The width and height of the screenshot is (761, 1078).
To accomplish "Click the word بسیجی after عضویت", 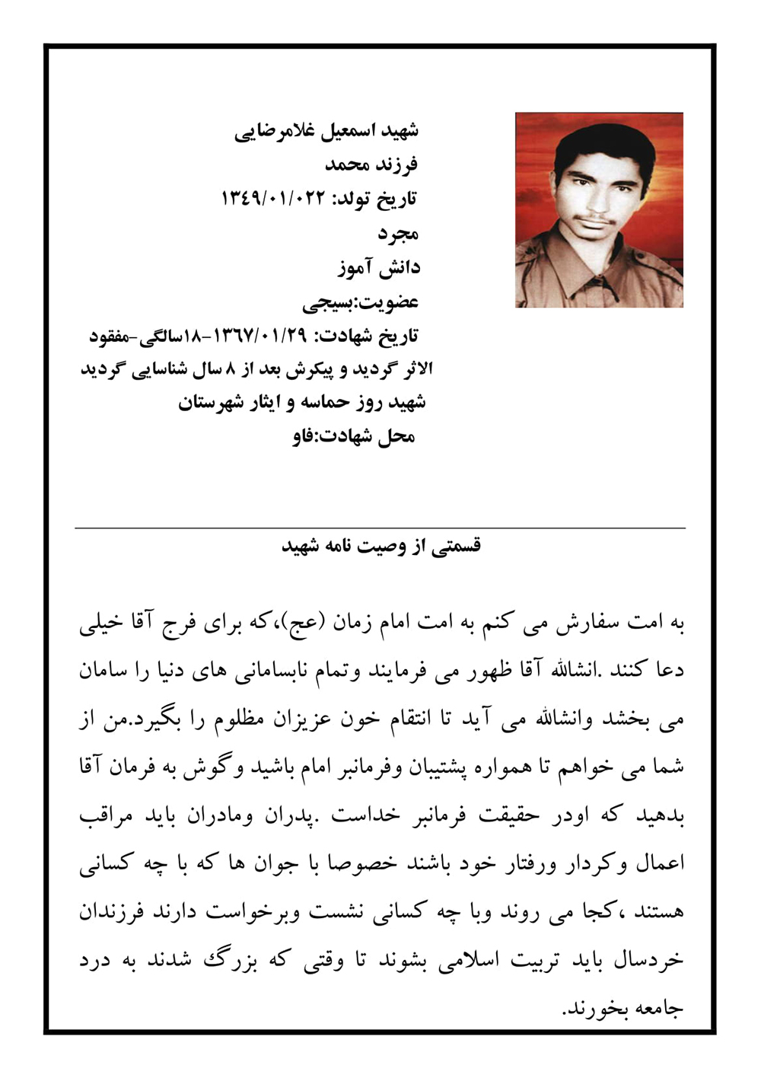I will click(327, 302).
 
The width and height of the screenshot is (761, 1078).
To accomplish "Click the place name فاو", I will click(304, 437).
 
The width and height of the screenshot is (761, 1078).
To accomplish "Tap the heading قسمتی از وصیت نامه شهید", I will click(381, 547).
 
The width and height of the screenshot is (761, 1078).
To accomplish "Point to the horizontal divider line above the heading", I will click(380, 528).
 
